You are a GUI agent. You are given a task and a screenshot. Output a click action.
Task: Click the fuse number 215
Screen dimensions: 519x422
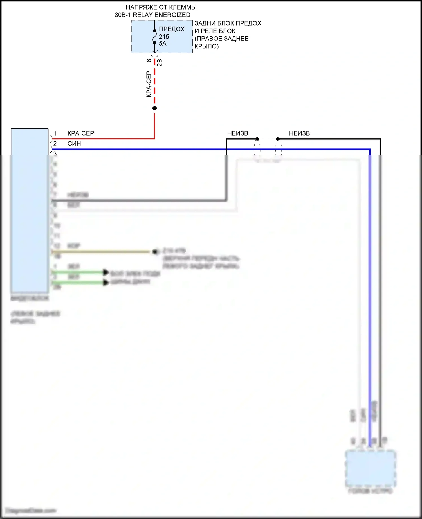click(164, 37)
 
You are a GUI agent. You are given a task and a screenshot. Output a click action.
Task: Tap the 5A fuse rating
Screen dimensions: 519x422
click(163, 44)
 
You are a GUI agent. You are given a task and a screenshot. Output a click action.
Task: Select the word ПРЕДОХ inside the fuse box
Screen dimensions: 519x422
click(172, 29)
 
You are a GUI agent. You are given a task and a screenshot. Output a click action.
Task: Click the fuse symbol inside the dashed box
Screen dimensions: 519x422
click(154, 37)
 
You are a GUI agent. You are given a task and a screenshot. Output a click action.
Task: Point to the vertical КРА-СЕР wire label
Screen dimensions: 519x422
click(149, 84)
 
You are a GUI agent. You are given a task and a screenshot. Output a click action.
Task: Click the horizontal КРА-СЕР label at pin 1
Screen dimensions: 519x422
click(81, 133)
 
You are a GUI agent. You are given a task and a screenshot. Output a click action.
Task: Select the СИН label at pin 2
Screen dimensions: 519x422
click(74, 144)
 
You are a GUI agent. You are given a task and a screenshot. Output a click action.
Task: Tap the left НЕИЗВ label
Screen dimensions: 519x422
click(238, 133)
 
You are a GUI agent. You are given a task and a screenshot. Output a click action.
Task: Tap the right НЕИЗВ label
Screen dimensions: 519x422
click(299, 133)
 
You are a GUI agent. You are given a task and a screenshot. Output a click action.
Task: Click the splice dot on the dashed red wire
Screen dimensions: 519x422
click(154, 108)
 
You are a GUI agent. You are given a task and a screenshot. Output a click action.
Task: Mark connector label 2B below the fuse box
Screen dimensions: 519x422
click(160, 62)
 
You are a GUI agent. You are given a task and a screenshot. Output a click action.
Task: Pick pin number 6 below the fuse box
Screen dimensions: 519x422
click(149, 60)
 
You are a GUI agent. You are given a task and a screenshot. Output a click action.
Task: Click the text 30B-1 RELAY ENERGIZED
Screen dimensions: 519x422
click(152, 15)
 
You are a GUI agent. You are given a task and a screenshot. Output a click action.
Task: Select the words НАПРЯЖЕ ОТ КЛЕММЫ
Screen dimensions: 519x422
click(161, 7)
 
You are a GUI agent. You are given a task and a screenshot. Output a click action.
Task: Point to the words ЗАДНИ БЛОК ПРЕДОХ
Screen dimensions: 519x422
click(228, 23)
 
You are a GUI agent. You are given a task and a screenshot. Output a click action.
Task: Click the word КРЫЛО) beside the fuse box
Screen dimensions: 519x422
click(206, 46)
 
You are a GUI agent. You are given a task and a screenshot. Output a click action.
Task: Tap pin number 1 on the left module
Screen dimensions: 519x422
click(55, 133)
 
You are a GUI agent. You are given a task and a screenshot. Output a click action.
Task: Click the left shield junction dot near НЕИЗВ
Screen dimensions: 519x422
click(257, 139)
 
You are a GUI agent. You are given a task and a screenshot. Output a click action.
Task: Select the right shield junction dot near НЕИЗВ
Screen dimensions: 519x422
click(278, 139)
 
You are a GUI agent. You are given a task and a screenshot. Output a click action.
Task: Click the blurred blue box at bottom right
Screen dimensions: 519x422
click(371, 468)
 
